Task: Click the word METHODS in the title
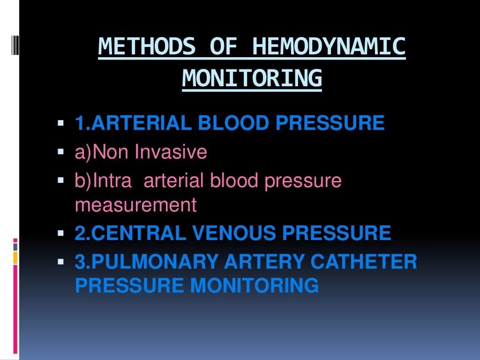click(x=147, y=47)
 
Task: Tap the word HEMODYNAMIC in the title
click(x=329, y=47)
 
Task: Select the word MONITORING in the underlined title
click(x=252, y=78)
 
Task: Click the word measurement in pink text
click(x=135, y=205)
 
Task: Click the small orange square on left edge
click(x=15, y=257)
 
